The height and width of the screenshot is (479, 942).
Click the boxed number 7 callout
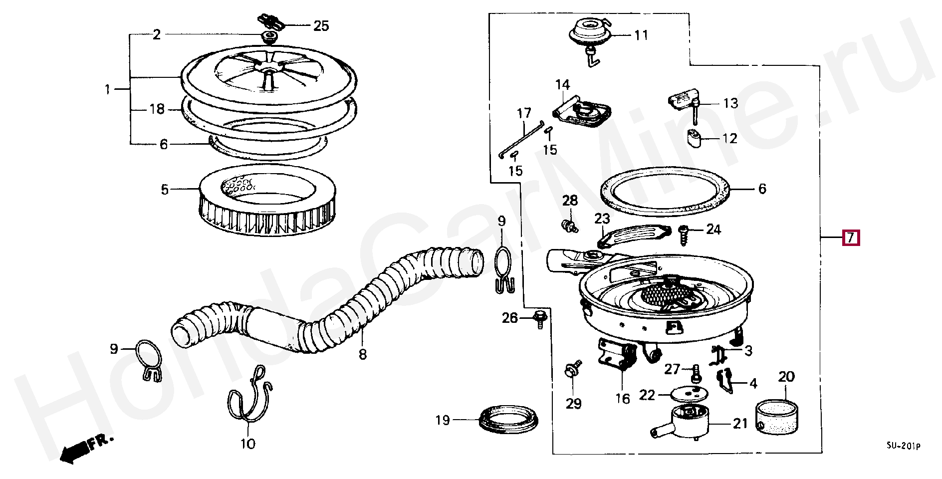click(x=851, y=238)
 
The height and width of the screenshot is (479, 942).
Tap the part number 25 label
click(x=321, y=25)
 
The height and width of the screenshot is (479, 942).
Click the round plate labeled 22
click(x=686, y=394)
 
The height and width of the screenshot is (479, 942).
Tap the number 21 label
click(x=740, y=424)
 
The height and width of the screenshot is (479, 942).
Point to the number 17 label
click(x=524, y=114)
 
